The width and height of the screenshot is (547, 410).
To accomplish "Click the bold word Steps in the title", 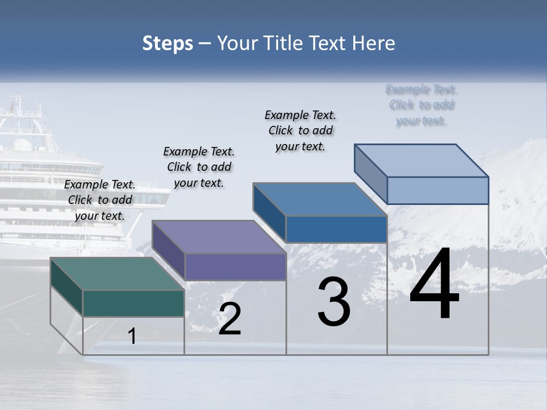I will (168, 43).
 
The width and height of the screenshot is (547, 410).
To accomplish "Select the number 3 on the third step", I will (334, 302).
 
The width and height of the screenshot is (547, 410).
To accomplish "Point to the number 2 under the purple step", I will (230, 319).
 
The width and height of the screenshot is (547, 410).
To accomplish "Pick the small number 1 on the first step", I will (132, 336).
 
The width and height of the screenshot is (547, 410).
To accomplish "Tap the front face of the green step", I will (133, 303).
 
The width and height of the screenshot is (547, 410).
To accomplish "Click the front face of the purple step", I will (235, 266).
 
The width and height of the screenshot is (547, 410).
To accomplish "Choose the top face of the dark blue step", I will (320, 199).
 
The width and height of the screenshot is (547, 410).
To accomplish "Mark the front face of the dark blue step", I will (336, 229).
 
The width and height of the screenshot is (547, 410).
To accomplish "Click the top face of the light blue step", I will (421, 161).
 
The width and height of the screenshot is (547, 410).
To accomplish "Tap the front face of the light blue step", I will (438, 190).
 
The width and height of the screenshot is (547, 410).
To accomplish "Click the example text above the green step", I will (100, 200).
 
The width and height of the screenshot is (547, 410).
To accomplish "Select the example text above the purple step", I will (199, 167).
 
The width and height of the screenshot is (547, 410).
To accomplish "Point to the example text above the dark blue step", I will (300, 130).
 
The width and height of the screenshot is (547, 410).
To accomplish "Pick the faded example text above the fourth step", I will (421, 105).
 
